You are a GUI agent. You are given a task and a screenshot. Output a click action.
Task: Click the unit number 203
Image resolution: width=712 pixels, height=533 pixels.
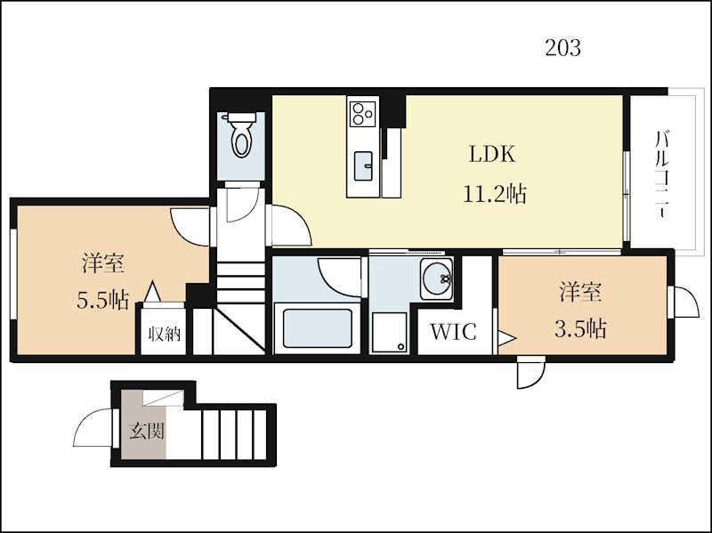562,48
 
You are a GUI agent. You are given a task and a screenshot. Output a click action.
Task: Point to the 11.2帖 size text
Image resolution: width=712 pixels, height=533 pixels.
493,193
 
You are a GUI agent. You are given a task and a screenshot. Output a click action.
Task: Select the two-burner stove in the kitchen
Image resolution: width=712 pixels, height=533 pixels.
362,113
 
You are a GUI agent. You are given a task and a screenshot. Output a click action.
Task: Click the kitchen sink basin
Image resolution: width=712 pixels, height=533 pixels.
364,165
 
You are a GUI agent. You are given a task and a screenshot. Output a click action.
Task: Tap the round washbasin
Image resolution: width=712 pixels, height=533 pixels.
437,280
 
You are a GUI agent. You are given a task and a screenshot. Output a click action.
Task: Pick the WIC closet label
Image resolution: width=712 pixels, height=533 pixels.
453,333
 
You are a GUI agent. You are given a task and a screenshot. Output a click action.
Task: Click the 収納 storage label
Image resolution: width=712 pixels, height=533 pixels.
165,335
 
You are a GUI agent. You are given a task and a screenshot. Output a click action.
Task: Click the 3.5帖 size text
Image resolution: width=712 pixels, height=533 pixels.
580,329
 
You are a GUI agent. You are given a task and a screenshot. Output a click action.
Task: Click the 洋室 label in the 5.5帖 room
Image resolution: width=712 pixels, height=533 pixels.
102,264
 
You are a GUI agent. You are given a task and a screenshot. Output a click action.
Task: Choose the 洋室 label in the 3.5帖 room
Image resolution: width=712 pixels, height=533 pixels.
580,292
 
